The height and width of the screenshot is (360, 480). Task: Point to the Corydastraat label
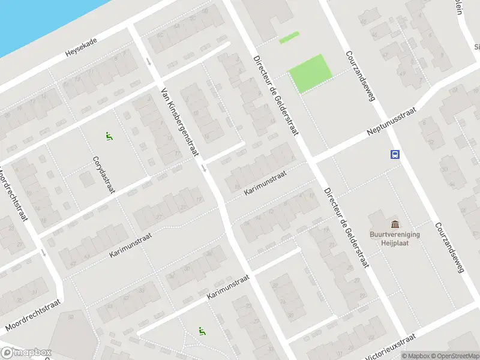103,175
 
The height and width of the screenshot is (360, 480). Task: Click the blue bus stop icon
395,154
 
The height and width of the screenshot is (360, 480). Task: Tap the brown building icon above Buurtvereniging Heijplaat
394,224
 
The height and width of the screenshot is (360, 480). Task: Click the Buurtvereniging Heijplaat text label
395,239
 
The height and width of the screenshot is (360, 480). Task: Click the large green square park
310,73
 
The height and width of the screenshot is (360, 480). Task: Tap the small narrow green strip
289,37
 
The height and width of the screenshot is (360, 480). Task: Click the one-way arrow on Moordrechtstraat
43,253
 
